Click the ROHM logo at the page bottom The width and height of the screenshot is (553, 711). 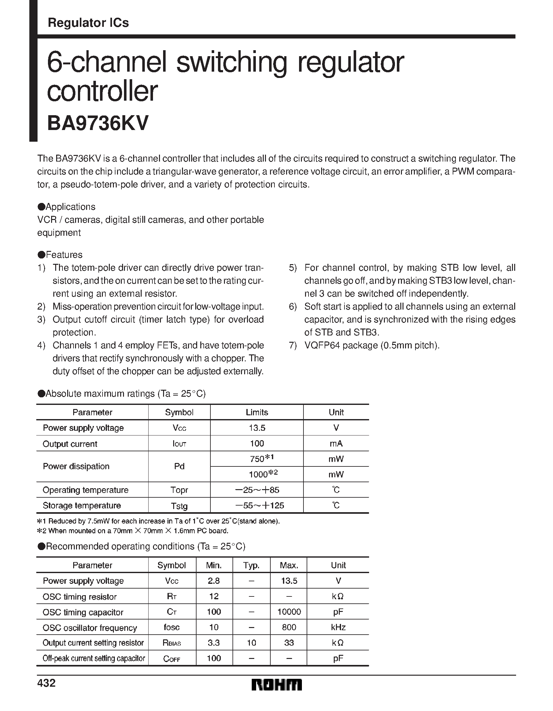coord(276,684)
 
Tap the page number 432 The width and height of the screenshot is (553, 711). coord(47,683)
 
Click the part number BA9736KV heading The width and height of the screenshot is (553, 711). coord(98,123)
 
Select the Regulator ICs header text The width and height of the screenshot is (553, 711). coord(88,23)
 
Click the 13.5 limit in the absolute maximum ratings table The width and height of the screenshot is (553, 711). coord(257,428)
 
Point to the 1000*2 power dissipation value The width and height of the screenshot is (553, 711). coord(263,474)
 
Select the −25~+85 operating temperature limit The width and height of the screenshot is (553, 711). coord(257,490)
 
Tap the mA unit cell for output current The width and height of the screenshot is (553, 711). coord(336,443)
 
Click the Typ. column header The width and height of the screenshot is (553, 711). coord(251,566)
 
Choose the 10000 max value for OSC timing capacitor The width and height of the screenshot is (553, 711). coord(289,612)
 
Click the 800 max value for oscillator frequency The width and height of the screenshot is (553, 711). coord(289,627)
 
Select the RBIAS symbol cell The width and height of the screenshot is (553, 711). coord(172,643)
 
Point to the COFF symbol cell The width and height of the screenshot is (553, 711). coord(172,659)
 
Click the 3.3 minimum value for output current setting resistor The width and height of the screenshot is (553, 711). coord(214,643)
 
